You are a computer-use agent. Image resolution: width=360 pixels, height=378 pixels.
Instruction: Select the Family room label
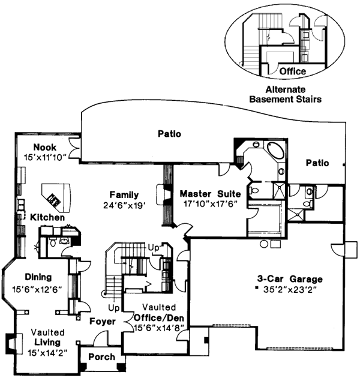point(124,195)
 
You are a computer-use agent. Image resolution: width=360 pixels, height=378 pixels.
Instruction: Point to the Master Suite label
point(210,194)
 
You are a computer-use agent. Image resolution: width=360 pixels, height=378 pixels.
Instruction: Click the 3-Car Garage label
point(290,279)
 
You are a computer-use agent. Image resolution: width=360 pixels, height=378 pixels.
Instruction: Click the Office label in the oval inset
point(293,71)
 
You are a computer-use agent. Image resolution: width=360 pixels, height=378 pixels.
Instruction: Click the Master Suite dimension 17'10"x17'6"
point(210,204)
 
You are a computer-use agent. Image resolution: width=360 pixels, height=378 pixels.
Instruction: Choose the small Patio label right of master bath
point(317,163)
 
